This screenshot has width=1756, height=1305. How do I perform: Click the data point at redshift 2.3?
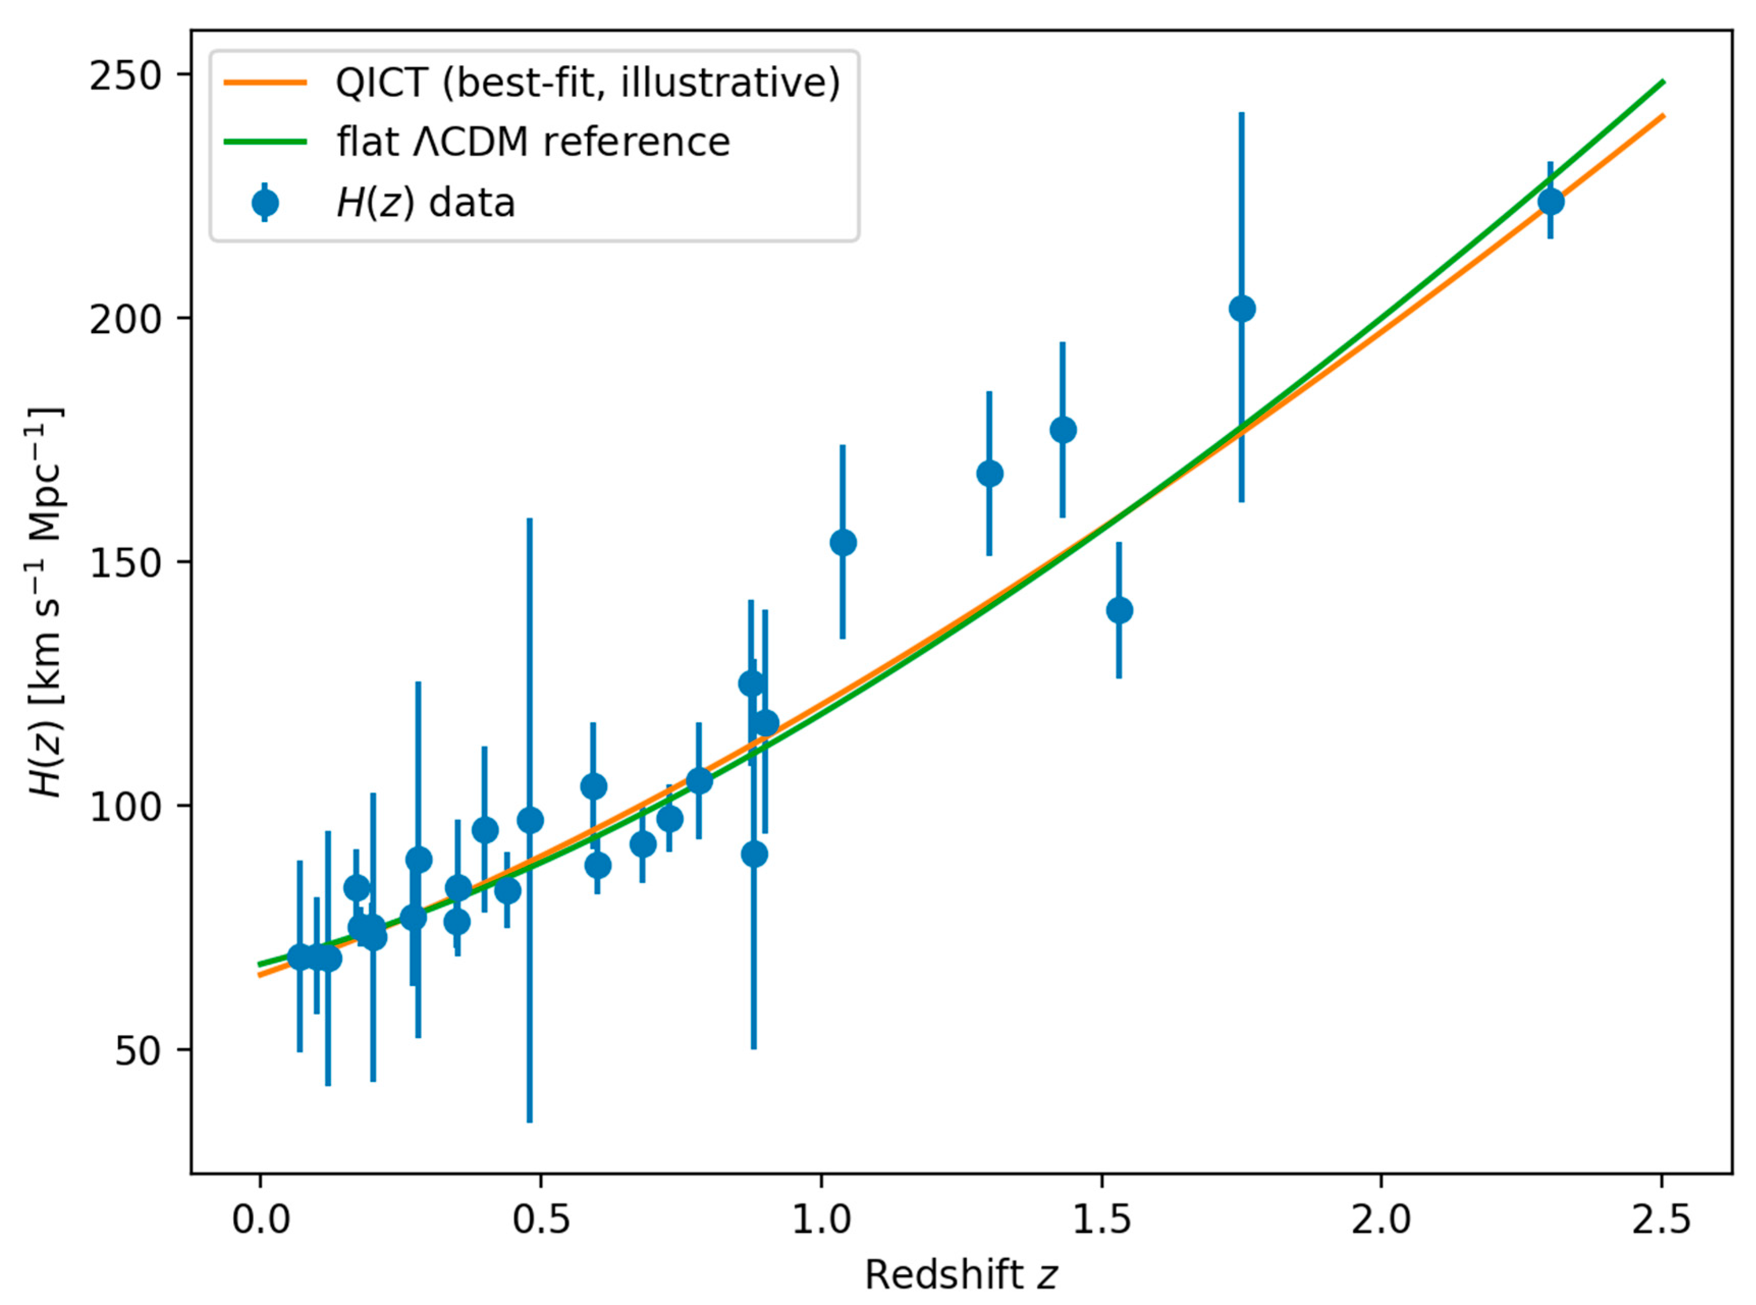[x=1551, y=201]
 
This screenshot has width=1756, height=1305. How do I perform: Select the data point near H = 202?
[x=1242, y=309]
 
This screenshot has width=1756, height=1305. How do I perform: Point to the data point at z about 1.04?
[x=843, y=542]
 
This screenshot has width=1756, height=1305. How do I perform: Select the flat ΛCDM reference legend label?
[x=532, y=142]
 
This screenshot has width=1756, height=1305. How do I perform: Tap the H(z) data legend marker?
[x=265, y=203]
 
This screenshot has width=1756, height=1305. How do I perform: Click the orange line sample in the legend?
[x=265, y=82]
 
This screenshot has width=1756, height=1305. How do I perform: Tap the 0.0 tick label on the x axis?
[x=260, y=1220]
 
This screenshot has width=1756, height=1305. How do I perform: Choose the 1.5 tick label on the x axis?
[x=1101, y=1220]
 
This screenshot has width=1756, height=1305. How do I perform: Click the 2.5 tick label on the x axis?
[x=1662, y=1220]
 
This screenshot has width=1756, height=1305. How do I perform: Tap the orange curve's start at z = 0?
[x=260, y=975]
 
